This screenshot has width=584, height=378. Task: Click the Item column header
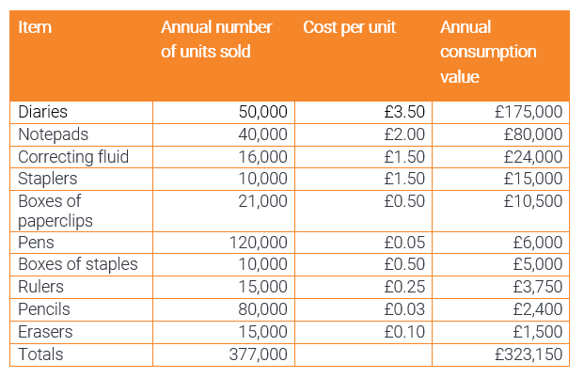(x=35, y=27)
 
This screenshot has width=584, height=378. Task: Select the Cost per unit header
(x=349, y=27)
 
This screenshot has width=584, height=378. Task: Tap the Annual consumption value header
(x=488, y=52)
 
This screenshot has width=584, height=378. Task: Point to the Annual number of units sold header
(x=216, y=39)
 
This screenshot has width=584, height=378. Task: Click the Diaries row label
(x=43, y=112)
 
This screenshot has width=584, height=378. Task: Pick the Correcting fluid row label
(x=73, y=156)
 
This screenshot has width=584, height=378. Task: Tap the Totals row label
(x=41, y=354)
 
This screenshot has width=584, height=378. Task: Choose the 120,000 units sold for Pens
(x=259, y=243)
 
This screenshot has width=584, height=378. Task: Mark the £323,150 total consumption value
(x=528, y=354)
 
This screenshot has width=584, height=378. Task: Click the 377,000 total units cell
(x=259, y=354)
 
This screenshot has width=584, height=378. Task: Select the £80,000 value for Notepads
(x=532, y=134)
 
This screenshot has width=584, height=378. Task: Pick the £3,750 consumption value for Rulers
(x=537, y=287)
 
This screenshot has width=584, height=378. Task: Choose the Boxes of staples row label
(x=77, y=264)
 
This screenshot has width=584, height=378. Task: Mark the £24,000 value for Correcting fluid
(x=532, y=156)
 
